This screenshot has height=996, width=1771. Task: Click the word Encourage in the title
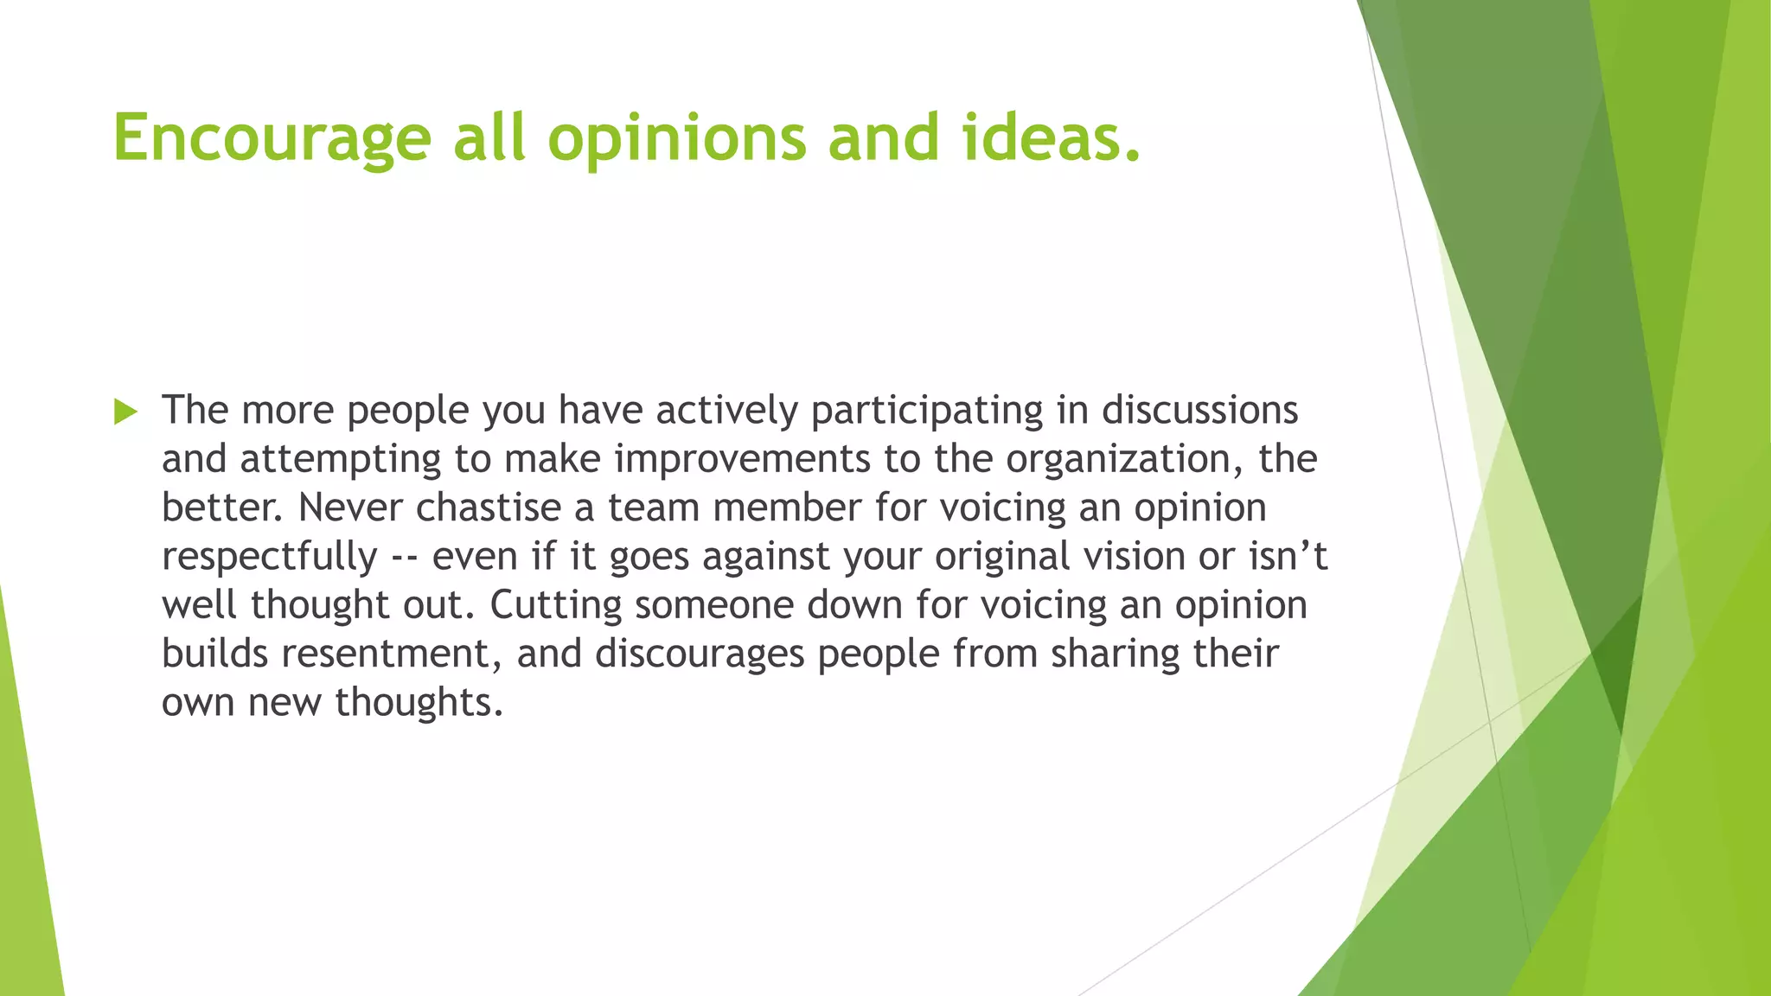[x=272, y=138]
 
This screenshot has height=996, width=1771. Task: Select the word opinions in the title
[x=677, y=138]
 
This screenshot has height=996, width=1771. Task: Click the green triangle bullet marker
[x=125, y=412]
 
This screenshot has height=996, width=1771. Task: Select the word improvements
[x=742, y=459]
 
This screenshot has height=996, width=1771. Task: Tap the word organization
[x=1124, y=459]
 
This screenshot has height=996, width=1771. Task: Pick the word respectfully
[x=269, y=557]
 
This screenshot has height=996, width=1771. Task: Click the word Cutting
[x=555, y=605]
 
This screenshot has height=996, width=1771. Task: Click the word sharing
[x=1116, y=654]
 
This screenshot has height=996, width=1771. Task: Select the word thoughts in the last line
[x=419, y=702]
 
